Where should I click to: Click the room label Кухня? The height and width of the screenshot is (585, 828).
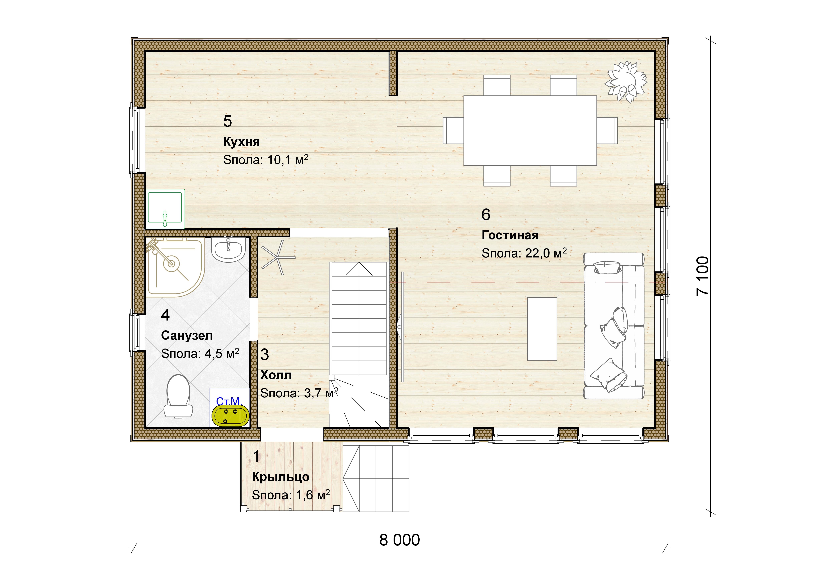click(241, 142)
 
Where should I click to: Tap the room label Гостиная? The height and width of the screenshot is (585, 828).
click(510, 235)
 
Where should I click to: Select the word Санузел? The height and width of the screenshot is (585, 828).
click(187, 336)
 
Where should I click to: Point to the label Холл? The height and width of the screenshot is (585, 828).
click(276, 375)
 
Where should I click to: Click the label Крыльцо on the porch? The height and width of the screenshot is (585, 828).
click(281, 477)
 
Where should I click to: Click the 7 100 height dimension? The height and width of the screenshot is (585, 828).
click(702, 276)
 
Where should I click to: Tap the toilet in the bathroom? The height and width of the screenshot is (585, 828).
click(178, 396)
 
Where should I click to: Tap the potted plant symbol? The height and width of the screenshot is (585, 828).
click(625, 81)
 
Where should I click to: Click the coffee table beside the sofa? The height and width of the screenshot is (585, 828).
click(542, 329)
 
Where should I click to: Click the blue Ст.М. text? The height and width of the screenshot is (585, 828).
click(228, 401)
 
